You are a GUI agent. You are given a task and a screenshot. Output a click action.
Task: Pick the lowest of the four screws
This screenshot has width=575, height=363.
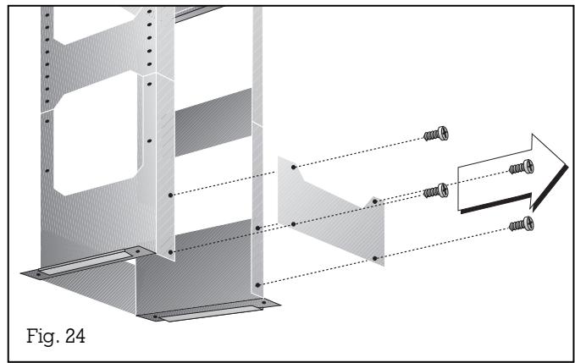tap(519, 225)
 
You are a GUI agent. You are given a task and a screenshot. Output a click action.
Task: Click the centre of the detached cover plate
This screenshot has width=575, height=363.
tap(331, 209)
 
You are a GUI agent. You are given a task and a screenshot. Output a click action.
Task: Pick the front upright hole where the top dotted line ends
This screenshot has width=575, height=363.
tap(170, 195)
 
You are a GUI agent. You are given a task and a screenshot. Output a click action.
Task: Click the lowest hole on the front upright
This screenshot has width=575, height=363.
tap(170, 251)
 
